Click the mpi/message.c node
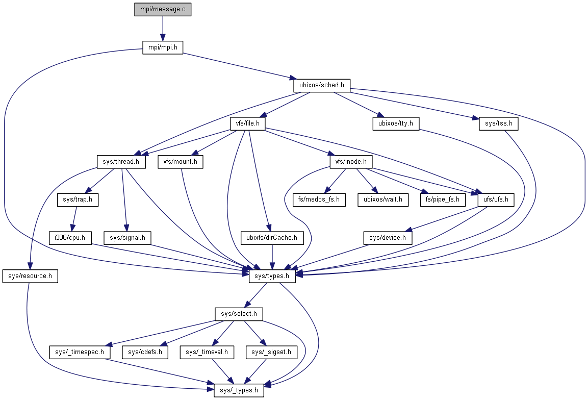163,10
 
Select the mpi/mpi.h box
162,48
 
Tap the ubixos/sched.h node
322,85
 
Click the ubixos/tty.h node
395,123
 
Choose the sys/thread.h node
121,162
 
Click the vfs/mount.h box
181,162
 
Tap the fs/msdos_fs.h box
319,199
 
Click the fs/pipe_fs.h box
442,199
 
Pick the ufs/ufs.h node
496,199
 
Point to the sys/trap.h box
78,199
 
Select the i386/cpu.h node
70,237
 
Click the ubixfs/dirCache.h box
272,237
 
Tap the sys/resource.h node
30,276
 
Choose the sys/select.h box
239,314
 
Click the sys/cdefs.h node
145,352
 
